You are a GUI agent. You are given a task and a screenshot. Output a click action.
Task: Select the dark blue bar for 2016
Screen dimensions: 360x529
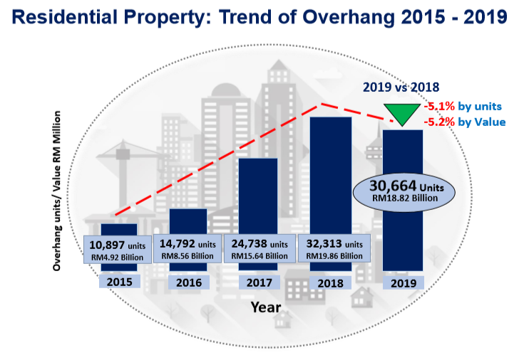[188, 221]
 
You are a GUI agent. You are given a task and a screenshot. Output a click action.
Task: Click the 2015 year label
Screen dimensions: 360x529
[120, 282]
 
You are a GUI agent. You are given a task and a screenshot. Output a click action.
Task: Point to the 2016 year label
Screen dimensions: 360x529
[189, 282]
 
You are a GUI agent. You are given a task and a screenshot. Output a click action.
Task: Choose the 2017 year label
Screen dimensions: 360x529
[259, 282]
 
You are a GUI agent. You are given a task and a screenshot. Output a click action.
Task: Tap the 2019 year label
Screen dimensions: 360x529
[404, 282]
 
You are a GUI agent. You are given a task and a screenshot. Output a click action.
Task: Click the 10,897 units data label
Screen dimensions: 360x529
[118, 249]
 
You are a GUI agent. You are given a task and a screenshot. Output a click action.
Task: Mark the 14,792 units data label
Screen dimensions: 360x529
[188, 248]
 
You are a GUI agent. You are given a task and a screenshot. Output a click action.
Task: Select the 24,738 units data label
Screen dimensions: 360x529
[259, 248]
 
